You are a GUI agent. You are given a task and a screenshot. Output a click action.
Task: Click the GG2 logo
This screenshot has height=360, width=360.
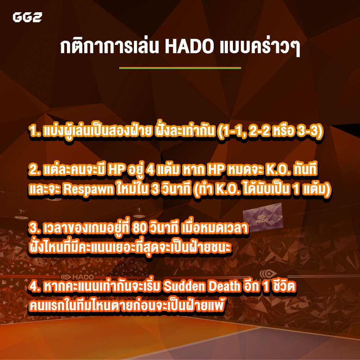point(27,17)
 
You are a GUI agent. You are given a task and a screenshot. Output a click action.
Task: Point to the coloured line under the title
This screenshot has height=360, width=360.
point(180,68)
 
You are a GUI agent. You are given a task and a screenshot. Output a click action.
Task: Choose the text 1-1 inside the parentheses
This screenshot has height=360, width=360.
point(231,131)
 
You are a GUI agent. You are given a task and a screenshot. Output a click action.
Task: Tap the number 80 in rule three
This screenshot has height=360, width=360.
point(139,229)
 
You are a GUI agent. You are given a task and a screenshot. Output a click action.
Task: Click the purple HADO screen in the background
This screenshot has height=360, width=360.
point(263,217)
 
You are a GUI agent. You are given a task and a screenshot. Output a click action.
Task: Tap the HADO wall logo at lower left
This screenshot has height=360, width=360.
point(78,277)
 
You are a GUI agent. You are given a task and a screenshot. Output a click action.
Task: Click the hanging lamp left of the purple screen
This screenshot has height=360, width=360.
point(139,213)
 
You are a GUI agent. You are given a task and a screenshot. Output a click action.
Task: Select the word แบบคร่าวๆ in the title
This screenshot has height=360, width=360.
point(260,47)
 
